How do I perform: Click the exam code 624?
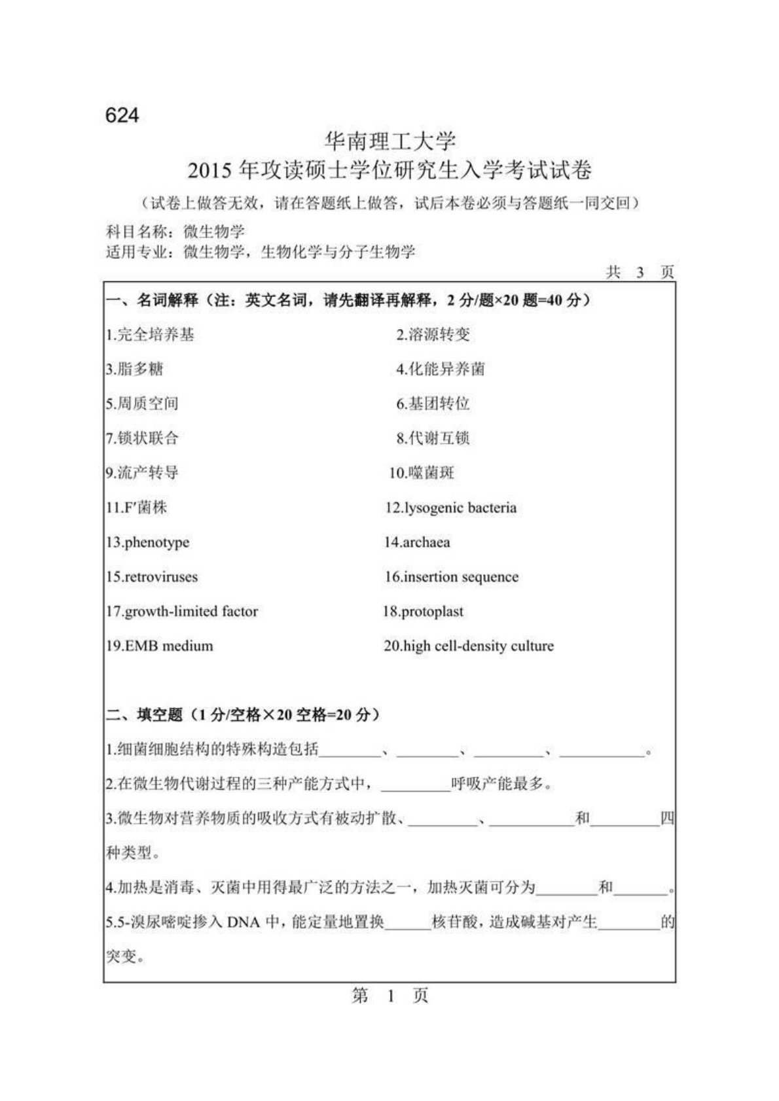pos(122,115)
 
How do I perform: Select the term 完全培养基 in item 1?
pos(155,335)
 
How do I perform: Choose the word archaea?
pos(426,542)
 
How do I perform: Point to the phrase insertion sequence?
pos(461,577)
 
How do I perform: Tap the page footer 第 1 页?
pos(390,996)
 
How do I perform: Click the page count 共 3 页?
pos(640,272)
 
